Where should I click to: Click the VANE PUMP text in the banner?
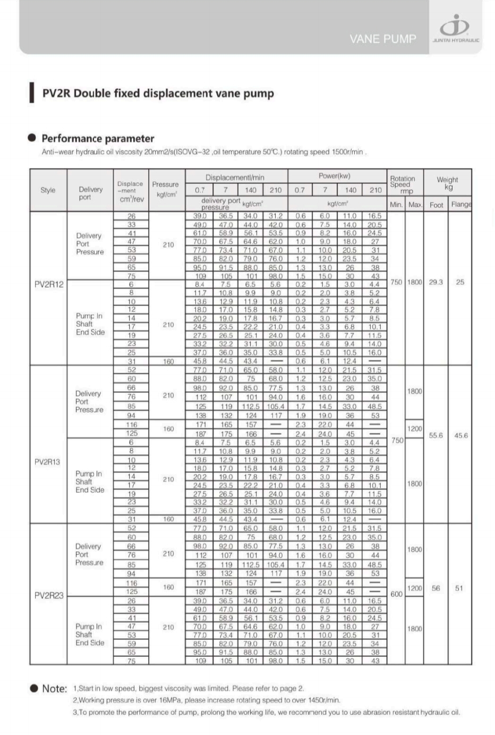[x=382, y=39]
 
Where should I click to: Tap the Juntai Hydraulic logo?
[x=456, y=29]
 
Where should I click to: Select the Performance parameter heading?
[x=98, y=139]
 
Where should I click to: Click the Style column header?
[x=48, y=190]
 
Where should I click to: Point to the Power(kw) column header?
[x=335, y=176]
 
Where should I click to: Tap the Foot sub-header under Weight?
[x=436, y=205]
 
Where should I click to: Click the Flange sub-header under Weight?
[x=460, y=205]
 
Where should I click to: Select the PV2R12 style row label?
[x=48, y=284]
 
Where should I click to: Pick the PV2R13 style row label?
[x=47, y=461]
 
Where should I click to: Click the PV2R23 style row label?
[x=48, y=595]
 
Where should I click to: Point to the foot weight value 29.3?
[x=436, y=282]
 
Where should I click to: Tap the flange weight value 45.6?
[x=460, y=435]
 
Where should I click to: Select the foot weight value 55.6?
[x=436, y=435]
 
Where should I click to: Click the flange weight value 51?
[x=459, y=588]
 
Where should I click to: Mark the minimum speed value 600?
[x=396, y=594]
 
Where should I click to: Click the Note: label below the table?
[x=54, y=688]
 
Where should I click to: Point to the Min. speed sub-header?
[x=396, y=205]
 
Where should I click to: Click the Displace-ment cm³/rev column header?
[x=130, y=191]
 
